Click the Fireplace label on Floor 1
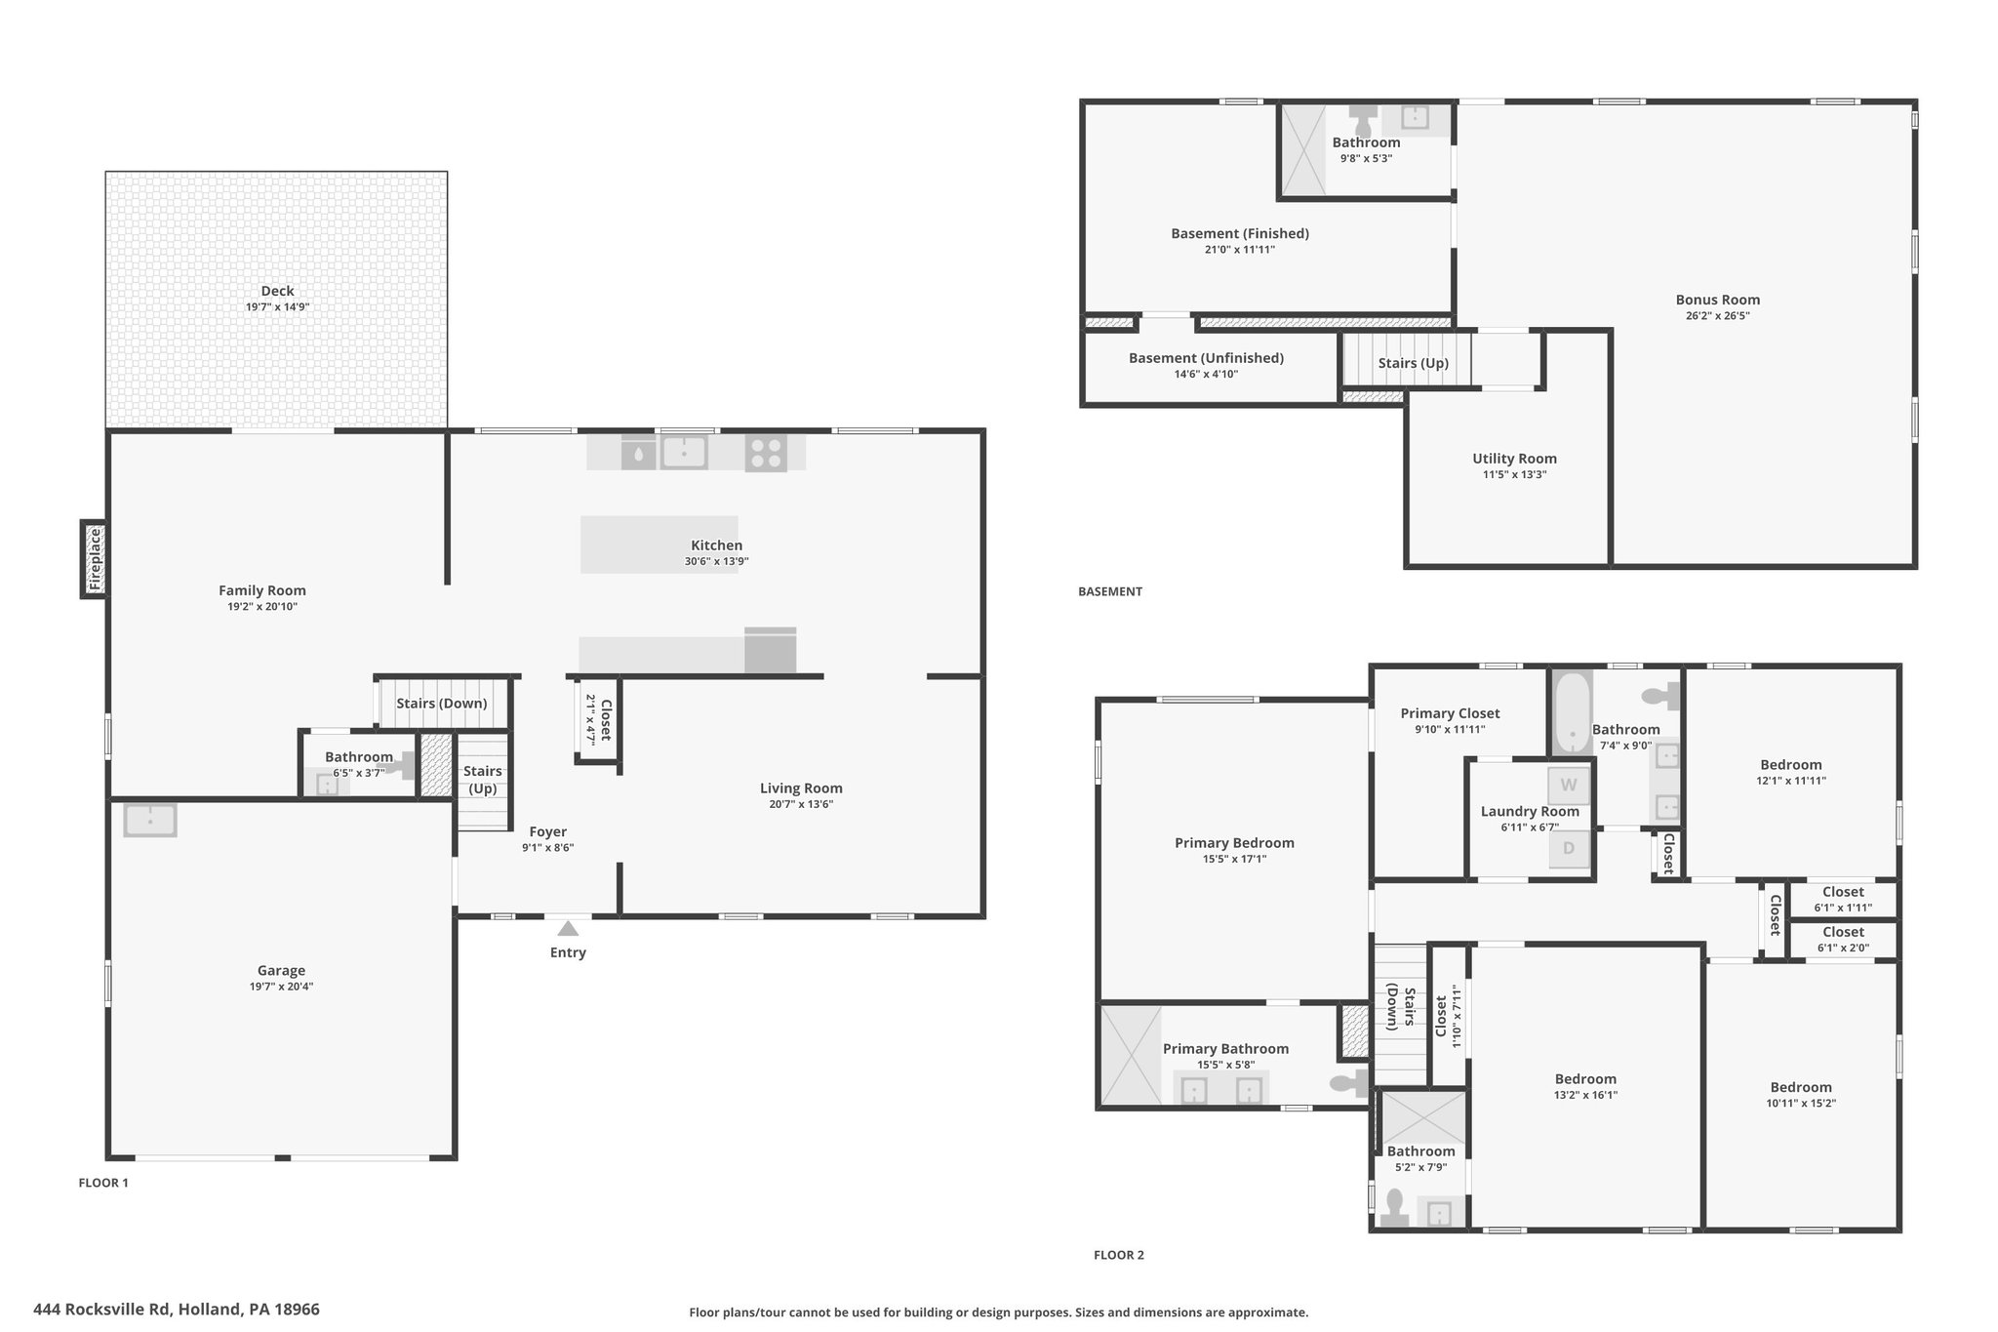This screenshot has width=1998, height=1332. click(x=95, y=559)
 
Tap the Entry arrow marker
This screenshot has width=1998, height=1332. click(x=568, y=929)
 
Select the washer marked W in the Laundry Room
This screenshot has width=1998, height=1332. click(x=1569, y=785)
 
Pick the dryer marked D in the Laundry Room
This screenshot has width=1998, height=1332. click(x=1569, y=848)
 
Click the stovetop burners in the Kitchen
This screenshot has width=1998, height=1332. click(x=766, y=453)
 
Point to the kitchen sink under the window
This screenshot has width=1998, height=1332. click(x=684, y=452)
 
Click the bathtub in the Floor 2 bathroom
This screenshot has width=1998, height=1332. click(x=1571, y=711)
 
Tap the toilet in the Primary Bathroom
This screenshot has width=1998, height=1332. click(x=1349, y=1082)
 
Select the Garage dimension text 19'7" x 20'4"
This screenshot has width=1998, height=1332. click(x=281, y=987)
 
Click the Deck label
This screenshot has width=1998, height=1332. click(x=277, y=291)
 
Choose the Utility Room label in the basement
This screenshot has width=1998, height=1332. click(x=1514, y=459)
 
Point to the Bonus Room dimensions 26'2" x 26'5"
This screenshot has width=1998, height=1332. click(x=1718, y=315)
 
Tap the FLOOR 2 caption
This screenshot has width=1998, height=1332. click(x=1118, y=1255)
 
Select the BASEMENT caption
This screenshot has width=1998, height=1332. click(x=1110, y=591)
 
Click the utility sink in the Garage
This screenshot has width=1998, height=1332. click(x=150, y=821)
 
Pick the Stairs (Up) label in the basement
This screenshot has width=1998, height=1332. click(x=1413, y=363)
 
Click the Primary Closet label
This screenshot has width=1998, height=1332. click(x=1450, y=713)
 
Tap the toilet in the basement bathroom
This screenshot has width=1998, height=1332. click(x=1364, y=121)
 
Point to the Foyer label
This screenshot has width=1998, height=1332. click(x=548, y=832)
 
